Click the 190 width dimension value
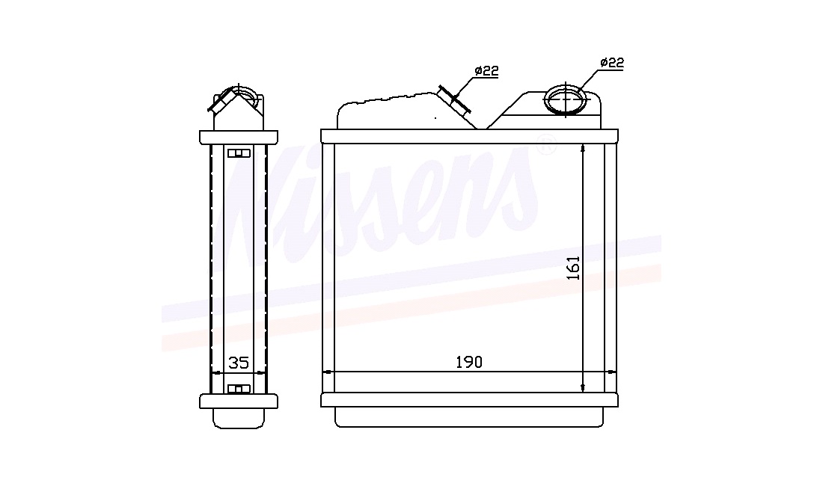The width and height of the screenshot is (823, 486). [x=468, y=362]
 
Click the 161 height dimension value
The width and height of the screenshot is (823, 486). [x=573, y=268]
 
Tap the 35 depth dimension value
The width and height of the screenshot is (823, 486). [x=239, y=363]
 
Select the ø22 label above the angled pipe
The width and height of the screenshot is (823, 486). [x=486, y=71]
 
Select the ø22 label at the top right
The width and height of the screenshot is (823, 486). [x=612, y=62]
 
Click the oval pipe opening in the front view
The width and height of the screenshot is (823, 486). [x=566, y=100]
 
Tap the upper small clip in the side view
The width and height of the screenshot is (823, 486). [x=239, y=153]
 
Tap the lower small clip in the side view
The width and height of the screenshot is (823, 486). [x=239, y=389]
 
